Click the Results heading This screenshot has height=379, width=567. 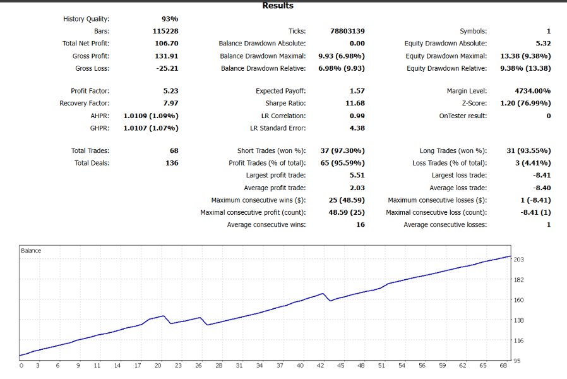pyautogui.click(x=278, y=6)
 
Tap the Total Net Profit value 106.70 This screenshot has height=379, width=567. pyautogui.click(x=165, y=43)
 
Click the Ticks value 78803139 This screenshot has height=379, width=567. pyautogui.click(x=347, y=31)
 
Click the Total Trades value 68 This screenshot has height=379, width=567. pyautogui.click(x=174, y=150)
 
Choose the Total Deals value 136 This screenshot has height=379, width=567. pyautogui.click(x=171, y=163)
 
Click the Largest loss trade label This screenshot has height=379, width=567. pyautogui.click(x=459, y=175)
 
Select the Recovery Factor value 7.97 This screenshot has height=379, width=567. pyautogui.click(x=170, y=103)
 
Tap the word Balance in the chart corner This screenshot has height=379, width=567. pyautogui.click(x=31, y=251)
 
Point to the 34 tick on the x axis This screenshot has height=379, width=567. pyautogui.click(x=259, y=365)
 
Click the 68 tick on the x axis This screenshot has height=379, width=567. pyautogui.click(x=503, y=365)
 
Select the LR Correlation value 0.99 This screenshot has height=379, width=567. pyautogui.click(x=357, y=116)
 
